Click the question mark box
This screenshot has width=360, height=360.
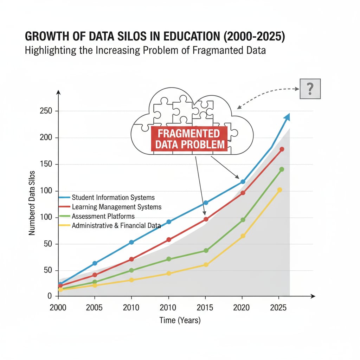[310, 89]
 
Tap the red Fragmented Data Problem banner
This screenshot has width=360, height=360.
[189, 139]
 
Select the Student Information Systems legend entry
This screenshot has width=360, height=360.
[113, 198]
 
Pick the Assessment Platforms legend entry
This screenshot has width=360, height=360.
[103, 216]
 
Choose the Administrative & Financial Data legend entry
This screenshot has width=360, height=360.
[116, 226]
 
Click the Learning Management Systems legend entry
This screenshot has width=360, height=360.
[116, 207]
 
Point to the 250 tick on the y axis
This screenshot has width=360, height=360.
[46, 111]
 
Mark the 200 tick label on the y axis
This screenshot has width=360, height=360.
[46, 138]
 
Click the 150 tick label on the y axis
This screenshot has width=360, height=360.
[46, 165]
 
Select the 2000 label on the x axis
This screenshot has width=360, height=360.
[58, 308]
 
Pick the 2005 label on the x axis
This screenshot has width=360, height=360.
[94, 308]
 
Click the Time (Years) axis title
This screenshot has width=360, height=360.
[180, 320]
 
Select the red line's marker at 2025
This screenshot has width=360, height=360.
[282, 149]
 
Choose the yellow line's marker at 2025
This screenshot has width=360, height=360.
[279, 190]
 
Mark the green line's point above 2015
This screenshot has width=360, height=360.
[206, 251]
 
